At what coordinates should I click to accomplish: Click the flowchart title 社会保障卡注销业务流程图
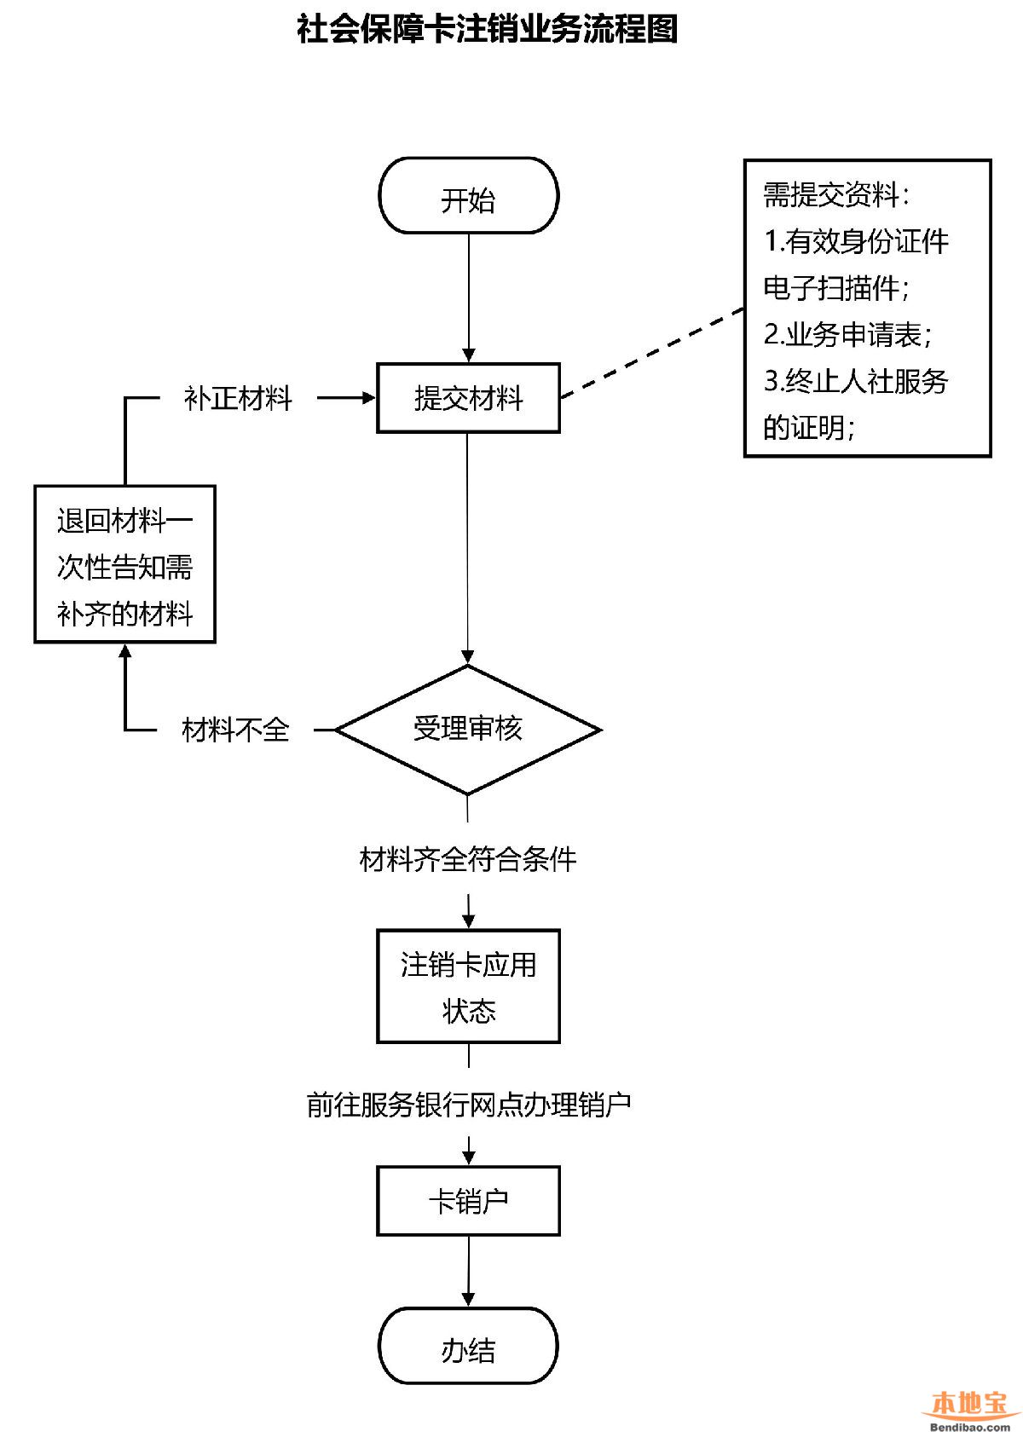click(x=487, y=29)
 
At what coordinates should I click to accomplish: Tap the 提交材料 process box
click(x=468, y=398)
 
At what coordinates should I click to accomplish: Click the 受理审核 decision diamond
click(x=468, y=730)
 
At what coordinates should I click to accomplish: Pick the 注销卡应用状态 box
click(x=468, y=986)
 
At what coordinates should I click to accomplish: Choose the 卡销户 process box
click(x=468, y=1201)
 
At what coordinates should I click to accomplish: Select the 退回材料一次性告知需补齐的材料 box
click(x=124, y=564)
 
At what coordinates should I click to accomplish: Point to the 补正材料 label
click(x=238, y=398)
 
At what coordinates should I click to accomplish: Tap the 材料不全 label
click(x=235, y=730)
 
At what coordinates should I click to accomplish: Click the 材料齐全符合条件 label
click(x=468, y=859)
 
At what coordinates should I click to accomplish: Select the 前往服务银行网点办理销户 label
click(x=468, y=1105)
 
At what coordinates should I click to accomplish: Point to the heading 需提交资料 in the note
click(x=836, y=195)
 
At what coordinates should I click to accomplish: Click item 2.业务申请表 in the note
click(x=847, y=334)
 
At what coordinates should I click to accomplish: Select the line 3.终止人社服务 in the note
click(x=856, y=381)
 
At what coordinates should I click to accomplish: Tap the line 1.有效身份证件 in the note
click(x=856, y=241)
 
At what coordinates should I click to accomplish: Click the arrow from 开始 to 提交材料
click(x=468, y=298)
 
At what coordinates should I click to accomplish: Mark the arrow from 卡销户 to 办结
click(x=468, y=1271)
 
